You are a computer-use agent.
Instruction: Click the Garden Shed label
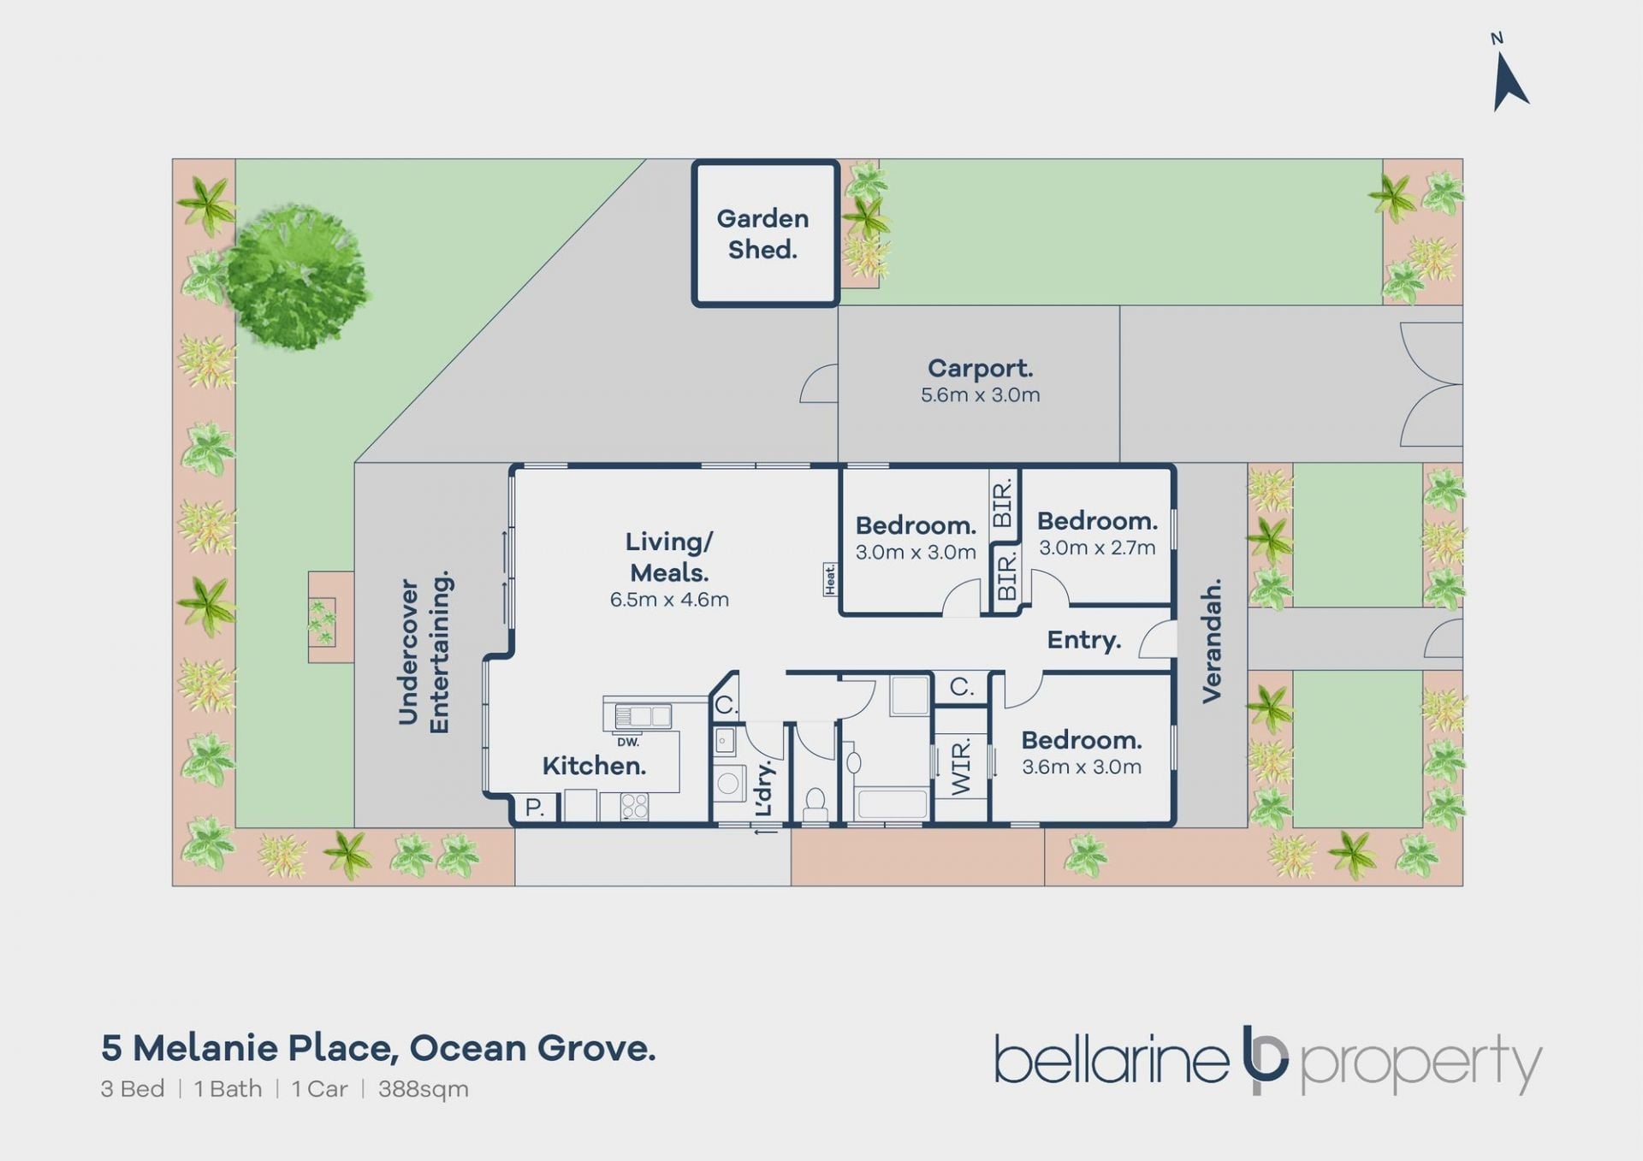(x=762, y=234)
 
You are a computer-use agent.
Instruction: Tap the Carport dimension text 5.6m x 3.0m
(x=981, y=395)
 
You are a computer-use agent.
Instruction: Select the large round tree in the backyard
(x=296, y=275)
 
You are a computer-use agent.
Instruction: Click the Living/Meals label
(x=669, y=557)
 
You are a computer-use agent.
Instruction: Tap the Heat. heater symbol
(x=829, y=579)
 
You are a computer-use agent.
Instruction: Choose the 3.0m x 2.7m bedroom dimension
(x=1097, y=548)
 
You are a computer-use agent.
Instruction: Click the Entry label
(x=1084, y=640)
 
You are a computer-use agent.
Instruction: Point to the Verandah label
(x=1211, y=641)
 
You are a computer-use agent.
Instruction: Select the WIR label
(x=961, y=767)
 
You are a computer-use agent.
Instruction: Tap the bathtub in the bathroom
(x=890, y=803)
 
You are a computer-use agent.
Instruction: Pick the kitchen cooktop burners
(x=634, y=806)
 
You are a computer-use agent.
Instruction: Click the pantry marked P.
(x=535, y=808)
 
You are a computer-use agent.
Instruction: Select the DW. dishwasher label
(x=628, y=742)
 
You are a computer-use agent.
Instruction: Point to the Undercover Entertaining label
(x=424, y=652)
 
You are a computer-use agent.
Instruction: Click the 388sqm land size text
(x=424, y=1089)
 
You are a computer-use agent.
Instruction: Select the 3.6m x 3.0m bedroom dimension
(x=1082, y=767)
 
